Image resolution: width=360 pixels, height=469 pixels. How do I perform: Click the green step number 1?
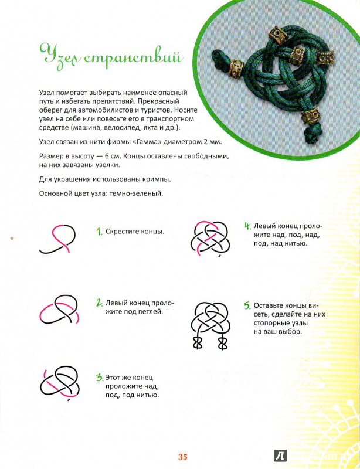coord(100,232)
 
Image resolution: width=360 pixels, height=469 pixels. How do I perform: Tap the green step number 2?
coord(100,303)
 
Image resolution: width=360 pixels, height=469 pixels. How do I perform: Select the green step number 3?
coord(100,378)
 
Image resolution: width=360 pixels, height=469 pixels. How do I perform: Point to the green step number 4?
coord(247,225)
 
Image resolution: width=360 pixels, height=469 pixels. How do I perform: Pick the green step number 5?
coord(247,305)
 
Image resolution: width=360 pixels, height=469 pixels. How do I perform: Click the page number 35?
coord(182,457)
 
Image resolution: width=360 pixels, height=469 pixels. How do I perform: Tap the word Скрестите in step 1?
coord(125,232)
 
